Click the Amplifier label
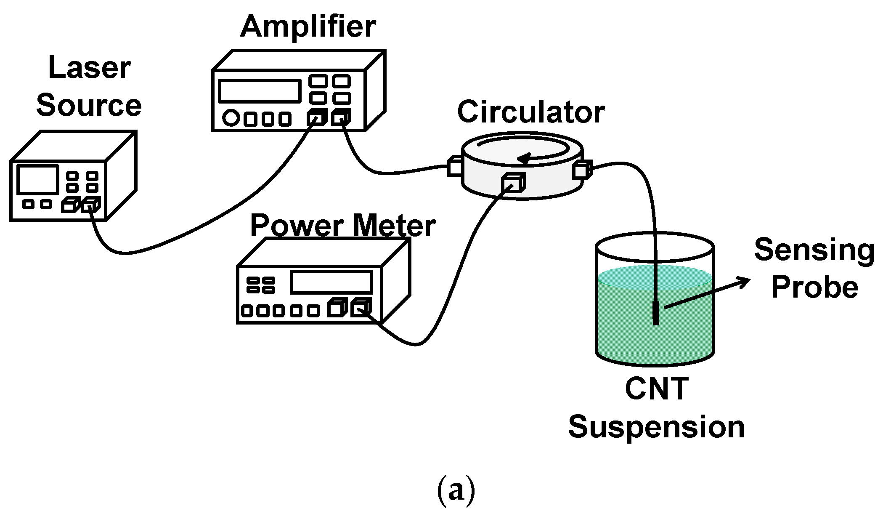308,27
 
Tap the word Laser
89,68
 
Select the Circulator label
530,112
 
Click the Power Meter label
342,226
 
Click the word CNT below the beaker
656,389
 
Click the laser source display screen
37,179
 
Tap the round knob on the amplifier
231,118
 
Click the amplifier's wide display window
259,90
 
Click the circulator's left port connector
454,166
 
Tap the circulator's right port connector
582,170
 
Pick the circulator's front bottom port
513,183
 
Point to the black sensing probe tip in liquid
655,313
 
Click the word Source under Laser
89,106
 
